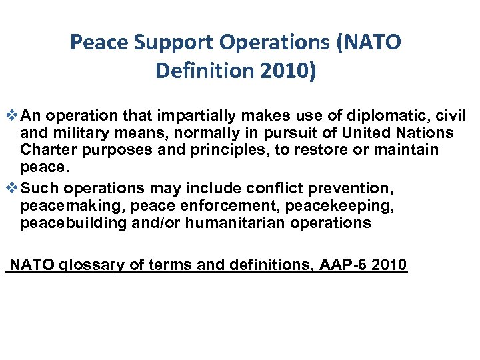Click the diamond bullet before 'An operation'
(x=10, y=115)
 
